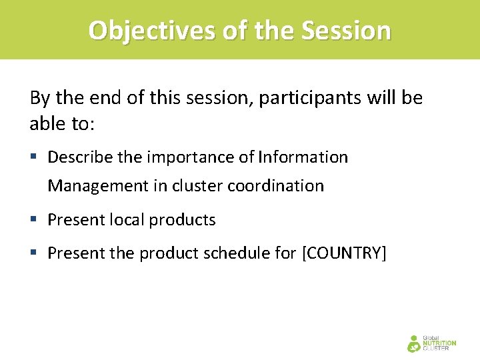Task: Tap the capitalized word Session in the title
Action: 346,31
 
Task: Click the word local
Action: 125,220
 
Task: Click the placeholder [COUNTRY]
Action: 344,254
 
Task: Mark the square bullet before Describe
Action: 34,158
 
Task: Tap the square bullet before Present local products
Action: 34,220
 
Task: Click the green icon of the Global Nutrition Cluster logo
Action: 414,343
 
